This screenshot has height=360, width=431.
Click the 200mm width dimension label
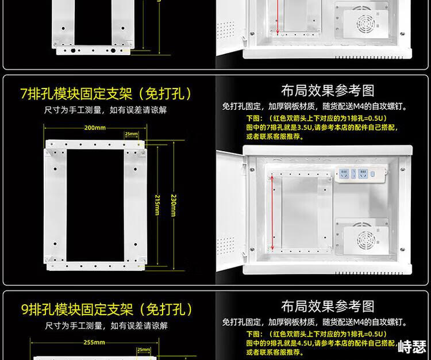[x=95, y=128]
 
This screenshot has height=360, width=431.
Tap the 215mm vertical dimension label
[x=157, y=205]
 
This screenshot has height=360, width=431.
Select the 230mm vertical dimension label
[x=174, y=205]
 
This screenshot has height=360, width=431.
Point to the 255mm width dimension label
[x=94, y=343]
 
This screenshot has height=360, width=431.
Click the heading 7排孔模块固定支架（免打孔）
[x=106, y=94]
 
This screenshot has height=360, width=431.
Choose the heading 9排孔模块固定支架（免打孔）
[x=107, y=309]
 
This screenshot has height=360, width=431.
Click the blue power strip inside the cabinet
[x=360, y=174]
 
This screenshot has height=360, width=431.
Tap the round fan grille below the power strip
[x=366, y=240]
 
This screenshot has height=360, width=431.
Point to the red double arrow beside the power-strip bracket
[x=272, y=213]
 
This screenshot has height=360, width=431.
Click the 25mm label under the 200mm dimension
[x=132, y=134]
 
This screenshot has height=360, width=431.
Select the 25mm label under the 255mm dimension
[x=144, y=350]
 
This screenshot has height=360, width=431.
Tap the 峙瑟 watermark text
[x=412, y=347]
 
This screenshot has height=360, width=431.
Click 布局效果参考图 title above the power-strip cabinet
[x=328, y=91]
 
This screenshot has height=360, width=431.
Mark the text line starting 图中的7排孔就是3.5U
[x=322, y=127]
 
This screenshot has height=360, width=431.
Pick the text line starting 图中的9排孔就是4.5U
[x=321, y=343]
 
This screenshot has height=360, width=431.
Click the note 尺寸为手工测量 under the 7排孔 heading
[x=106, y=110]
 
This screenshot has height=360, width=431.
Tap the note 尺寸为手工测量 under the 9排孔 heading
[x=106, y=326]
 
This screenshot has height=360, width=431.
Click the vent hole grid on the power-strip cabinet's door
[x=226, y=246]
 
